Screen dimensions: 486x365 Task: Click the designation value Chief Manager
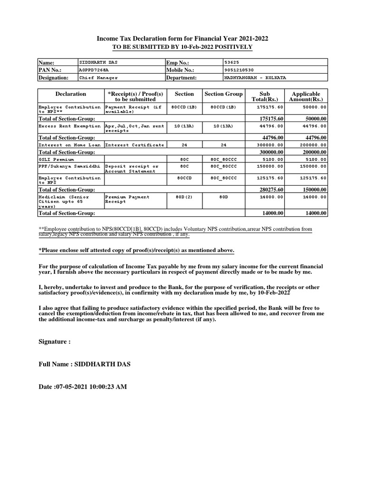point(98,78)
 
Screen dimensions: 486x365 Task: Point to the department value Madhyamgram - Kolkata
point(255,78)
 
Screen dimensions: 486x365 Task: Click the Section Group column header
point(223,94)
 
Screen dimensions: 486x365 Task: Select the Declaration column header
point(71,94)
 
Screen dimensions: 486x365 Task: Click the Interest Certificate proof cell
point(134,145)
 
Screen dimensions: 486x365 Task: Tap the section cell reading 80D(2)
point(184,197)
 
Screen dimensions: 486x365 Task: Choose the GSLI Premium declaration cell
point(56,159)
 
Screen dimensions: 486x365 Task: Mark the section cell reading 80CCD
point(184,178)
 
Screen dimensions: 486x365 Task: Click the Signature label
point(54,341)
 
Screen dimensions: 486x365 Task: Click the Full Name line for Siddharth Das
point(84,364)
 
